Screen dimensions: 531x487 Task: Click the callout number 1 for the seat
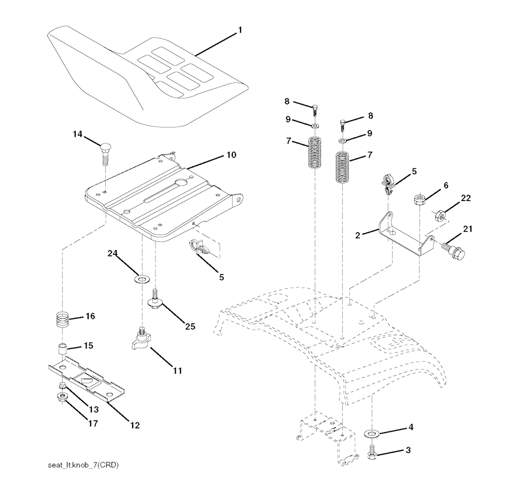[x=240, y=31]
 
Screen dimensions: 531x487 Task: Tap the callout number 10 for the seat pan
[x=231, y=155]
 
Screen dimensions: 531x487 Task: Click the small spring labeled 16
[x=63, y=320]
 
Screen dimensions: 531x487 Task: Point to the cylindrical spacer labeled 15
[x=62, y=350]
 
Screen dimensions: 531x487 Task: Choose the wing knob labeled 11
[x=142, y=340]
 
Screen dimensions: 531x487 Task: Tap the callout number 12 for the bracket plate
[x=135, y=425]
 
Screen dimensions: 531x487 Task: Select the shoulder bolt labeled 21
[x=453, y=250]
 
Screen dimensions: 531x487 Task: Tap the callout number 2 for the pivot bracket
[x=358, y=235]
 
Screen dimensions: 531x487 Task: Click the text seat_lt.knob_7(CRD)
[x=83, y=465]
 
